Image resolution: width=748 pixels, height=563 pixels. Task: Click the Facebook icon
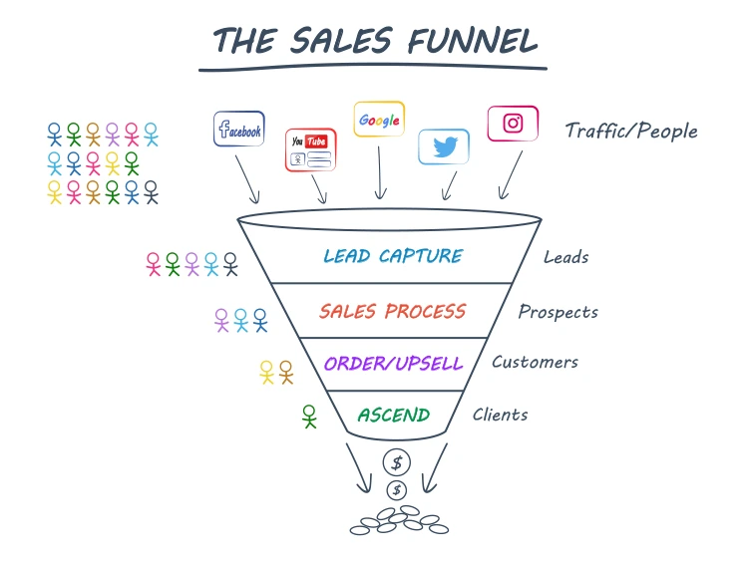click(239, 130)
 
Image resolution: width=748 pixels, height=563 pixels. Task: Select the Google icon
click(379, 121)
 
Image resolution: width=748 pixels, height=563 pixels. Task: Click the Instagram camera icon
click(513, 124)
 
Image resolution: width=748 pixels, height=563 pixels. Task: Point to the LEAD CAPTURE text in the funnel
click(393, 256)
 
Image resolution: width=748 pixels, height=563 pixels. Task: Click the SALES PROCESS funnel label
click(392, 311)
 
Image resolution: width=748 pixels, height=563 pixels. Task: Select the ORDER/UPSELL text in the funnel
click(393, 364)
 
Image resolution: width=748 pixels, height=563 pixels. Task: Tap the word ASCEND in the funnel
click(394, 415)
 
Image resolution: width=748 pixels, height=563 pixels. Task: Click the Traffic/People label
click(631, 131)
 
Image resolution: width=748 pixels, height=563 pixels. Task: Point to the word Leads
click(565, 257)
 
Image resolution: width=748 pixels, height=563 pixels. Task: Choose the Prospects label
click(558, 312)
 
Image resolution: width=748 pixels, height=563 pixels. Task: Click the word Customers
click(535, 362)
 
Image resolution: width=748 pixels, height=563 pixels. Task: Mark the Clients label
click(501, 414)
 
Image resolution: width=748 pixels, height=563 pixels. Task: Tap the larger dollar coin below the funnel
click(397, 462)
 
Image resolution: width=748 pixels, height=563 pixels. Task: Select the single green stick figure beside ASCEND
click(309, 417)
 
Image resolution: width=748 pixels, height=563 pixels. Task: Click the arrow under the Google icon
click(379, 173)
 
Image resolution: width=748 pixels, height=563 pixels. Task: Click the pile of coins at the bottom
click(397, 520)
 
